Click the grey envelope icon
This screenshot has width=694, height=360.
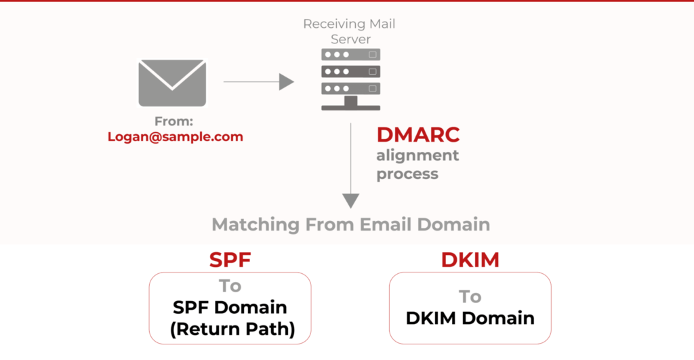tap(172, 83)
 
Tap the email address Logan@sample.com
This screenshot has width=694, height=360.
tap(176, 136)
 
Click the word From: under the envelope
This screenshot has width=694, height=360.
tap(173, 121)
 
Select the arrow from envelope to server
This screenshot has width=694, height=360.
tap(258, 82)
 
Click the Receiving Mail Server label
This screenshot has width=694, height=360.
tap(349, 31)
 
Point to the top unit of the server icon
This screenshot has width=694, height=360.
tap(351, 54)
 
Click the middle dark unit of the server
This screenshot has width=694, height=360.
tap(351, 71)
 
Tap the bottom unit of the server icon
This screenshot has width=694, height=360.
tap(351, 89)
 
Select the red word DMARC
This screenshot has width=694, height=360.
tap(418, 135)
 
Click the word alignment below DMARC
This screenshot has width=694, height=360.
tap(417, 155)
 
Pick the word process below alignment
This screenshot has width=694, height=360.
tap(407, 174)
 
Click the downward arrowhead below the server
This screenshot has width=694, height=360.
tap(351, 201)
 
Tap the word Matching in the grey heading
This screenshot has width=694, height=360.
tap(256, 225)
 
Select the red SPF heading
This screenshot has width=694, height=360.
tap(230, 260)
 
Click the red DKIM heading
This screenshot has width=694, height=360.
tap(470, 260)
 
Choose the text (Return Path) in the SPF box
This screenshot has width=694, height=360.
tap(232, 329)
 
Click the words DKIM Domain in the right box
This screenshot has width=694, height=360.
tap(470, 318)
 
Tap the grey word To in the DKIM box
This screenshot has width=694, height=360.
tap(470, 297)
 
